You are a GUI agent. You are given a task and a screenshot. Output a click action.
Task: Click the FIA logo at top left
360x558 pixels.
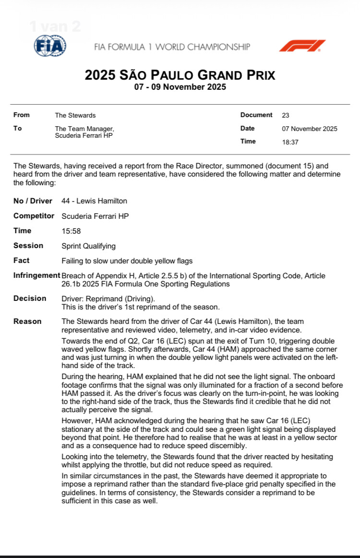pos(50,47)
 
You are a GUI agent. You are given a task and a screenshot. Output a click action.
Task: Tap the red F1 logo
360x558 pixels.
pos(302,46)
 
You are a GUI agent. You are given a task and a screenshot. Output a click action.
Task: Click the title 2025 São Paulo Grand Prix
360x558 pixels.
pos(180,75)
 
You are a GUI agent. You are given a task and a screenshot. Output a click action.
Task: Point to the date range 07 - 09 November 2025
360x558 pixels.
pos(180,87)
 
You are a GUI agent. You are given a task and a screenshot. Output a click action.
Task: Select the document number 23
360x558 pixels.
pos(286,115)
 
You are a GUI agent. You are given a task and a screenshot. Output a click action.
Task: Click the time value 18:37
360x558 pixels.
pos(290,142)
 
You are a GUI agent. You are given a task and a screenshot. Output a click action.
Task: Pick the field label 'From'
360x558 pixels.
pos(22,115)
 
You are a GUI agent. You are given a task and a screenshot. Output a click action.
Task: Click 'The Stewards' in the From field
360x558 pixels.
pos(75,115)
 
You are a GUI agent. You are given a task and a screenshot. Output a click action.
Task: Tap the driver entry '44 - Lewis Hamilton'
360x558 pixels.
pos(95,201)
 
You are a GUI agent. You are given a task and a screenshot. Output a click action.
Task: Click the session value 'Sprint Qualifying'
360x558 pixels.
pos(89,246)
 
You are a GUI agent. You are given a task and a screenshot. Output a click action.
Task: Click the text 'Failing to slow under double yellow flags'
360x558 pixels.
pos(127,261)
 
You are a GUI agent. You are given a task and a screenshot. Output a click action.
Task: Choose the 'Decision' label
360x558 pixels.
pos(30,298)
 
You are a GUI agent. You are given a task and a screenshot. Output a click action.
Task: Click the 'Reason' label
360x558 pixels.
pos(27,321)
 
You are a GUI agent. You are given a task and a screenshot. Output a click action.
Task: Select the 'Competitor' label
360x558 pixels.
pos(34,216)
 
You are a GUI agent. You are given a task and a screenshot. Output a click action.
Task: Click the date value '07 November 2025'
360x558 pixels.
pos(310,129)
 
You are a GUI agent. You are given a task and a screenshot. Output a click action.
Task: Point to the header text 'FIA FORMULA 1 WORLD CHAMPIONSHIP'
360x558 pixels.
pos(172,47)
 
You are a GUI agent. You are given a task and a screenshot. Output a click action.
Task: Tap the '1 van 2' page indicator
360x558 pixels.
pos(55,26)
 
